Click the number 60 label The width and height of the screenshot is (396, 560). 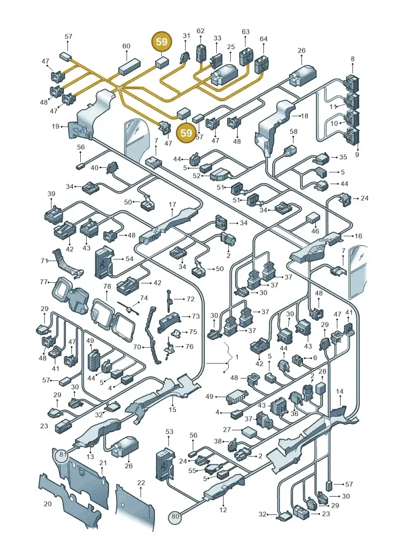(x=126, y=46)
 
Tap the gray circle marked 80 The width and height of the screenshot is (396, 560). (x=175, y=516)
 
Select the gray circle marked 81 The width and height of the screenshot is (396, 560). (x=63, y=454)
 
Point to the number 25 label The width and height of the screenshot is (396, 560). (x=231, y=47)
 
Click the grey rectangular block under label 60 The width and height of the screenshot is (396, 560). (x=128, y=66)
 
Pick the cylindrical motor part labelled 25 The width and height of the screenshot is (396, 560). (x=224, y=75)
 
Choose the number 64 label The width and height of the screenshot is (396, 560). (x=263, y=39)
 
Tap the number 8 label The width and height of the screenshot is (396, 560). (x=353, y=58)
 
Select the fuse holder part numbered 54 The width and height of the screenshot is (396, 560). (x=103, y=262)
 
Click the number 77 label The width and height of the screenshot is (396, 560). (x=44, y=282)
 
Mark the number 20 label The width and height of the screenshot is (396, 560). (x=48, y=504)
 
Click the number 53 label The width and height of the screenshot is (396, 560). (x=169, y=431)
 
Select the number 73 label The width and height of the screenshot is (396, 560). (x=196, y=316)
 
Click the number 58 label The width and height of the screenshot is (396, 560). (x=294, y=131)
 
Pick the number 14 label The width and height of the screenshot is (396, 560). (x=340, y=392)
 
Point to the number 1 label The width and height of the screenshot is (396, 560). (x=237, y=357)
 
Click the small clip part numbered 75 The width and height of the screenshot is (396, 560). (x=176, y=334)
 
